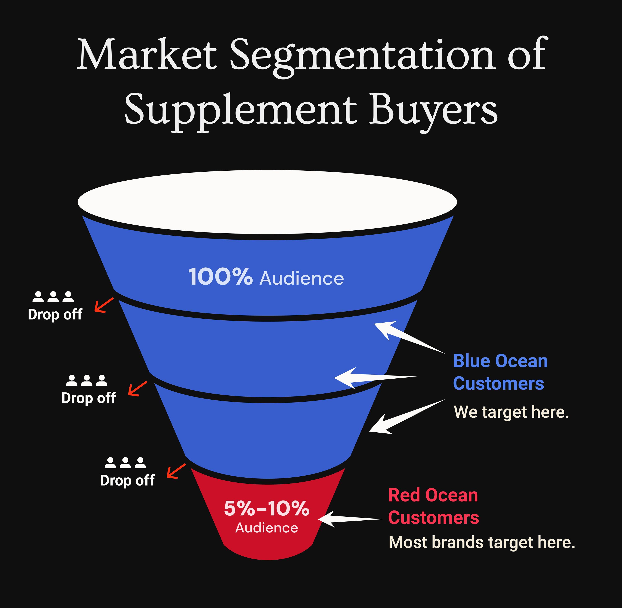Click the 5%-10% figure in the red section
(x=266, y=508)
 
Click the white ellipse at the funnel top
(x=267, y=202)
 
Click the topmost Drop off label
(x=55, y=314)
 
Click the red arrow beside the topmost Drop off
(x=103, y=305)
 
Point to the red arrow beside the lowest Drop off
(x=176, y=471)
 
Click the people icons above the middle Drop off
(x=87, y=380)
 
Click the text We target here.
(x=511, y=412)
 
